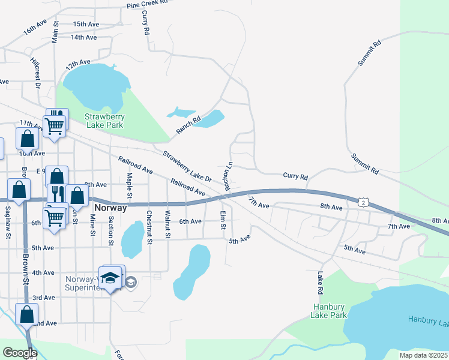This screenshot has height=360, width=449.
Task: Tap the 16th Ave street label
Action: (35, 28)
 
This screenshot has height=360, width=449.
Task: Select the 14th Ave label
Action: (83, 37)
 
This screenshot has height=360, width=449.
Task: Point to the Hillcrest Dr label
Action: (35, 73)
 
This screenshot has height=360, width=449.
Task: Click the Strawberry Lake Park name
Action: (104, 121)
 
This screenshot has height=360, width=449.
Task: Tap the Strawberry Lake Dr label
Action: (187, 166)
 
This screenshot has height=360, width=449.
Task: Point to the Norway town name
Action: (111, 208)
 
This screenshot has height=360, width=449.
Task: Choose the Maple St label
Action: (129, 185)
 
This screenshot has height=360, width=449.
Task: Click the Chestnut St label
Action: (149, 226)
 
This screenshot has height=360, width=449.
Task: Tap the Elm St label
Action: (223, 220)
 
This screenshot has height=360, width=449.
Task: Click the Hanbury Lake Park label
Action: (330, 310)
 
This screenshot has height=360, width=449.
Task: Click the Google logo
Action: (20, 353)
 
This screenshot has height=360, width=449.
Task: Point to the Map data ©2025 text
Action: (423, 355)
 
